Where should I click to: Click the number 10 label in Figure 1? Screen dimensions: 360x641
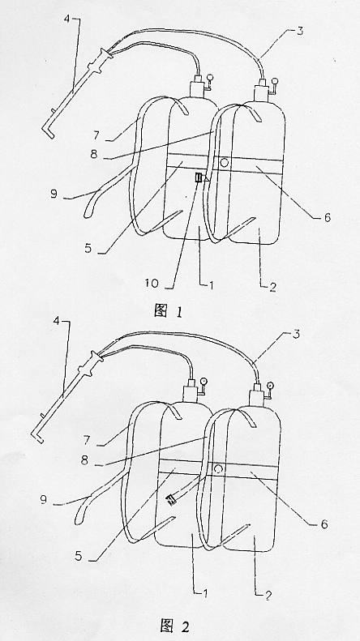point(152,284)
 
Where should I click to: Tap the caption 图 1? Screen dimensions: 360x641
point(169,311)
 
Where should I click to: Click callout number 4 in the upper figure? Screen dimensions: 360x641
point(67,19)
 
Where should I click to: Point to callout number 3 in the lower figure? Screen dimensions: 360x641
point(297,334)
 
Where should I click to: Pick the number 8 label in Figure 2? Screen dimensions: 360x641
point(85,460)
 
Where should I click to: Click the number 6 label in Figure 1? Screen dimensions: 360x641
point(328,217)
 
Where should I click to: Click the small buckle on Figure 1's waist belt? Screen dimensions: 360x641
point(199,178)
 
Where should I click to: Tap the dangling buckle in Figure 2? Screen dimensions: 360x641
point(170,499)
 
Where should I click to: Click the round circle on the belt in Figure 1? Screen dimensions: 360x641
point(224,162)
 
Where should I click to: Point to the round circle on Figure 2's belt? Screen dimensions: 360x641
point(218,468)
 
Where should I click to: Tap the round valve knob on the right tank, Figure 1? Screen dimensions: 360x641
point(275,81)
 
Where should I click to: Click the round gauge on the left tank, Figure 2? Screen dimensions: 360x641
point(204,381)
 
